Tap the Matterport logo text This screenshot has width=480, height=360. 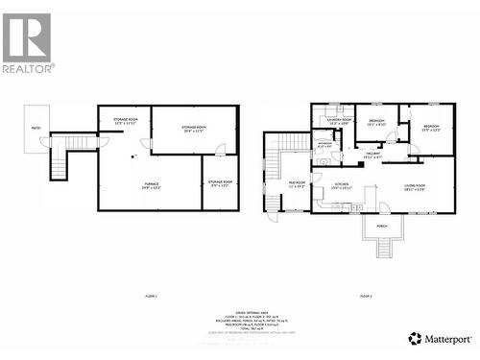(x=447, y=338)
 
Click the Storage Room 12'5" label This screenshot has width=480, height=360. (x=126, y=121)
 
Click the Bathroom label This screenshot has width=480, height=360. (x=324, y=146)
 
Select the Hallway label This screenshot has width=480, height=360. (x=372, y=155)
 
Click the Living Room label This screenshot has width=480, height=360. (x=414, y=187)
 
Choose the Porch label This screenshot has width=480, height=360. (x=381, y=228)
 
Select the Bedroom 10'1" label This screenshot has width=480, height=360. (x=376, y=122)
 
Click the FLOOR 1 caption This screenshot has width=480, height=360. (x=150, y=296)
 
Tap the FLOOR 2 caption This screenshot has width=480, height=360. (x=366, y=296)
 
